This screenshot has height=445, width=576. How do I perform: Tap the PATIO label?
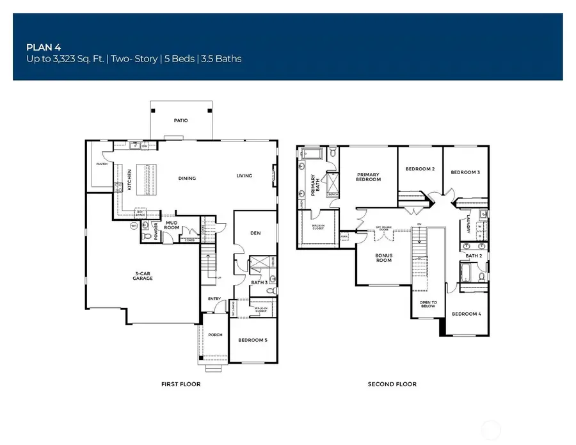pos(180,120)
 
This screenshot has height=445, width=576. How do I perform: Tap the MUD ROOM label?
pos(171,225)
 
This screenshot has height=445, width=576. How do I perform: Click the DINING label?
pos(187,179)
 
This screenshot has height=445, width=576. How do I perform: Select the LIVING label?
pos(244,175)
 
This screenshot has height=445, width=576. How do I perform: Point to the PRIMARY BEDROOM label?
pos(368,177)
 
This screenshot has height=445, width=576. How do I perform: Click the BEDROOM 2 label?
pos(420,169)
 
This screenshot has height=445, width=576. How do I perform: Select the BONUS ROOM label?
pos(383,257)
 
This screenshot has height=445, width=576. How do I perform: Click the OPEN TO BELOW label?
pos(428,304)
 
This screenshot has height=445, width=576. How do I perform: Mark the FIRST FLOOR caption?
pos(180,384)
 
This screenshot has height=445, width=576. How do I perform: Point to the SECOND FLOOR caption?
pos(392,384)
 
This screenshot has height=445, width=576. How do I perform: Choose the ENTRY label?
pos(214,298)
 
